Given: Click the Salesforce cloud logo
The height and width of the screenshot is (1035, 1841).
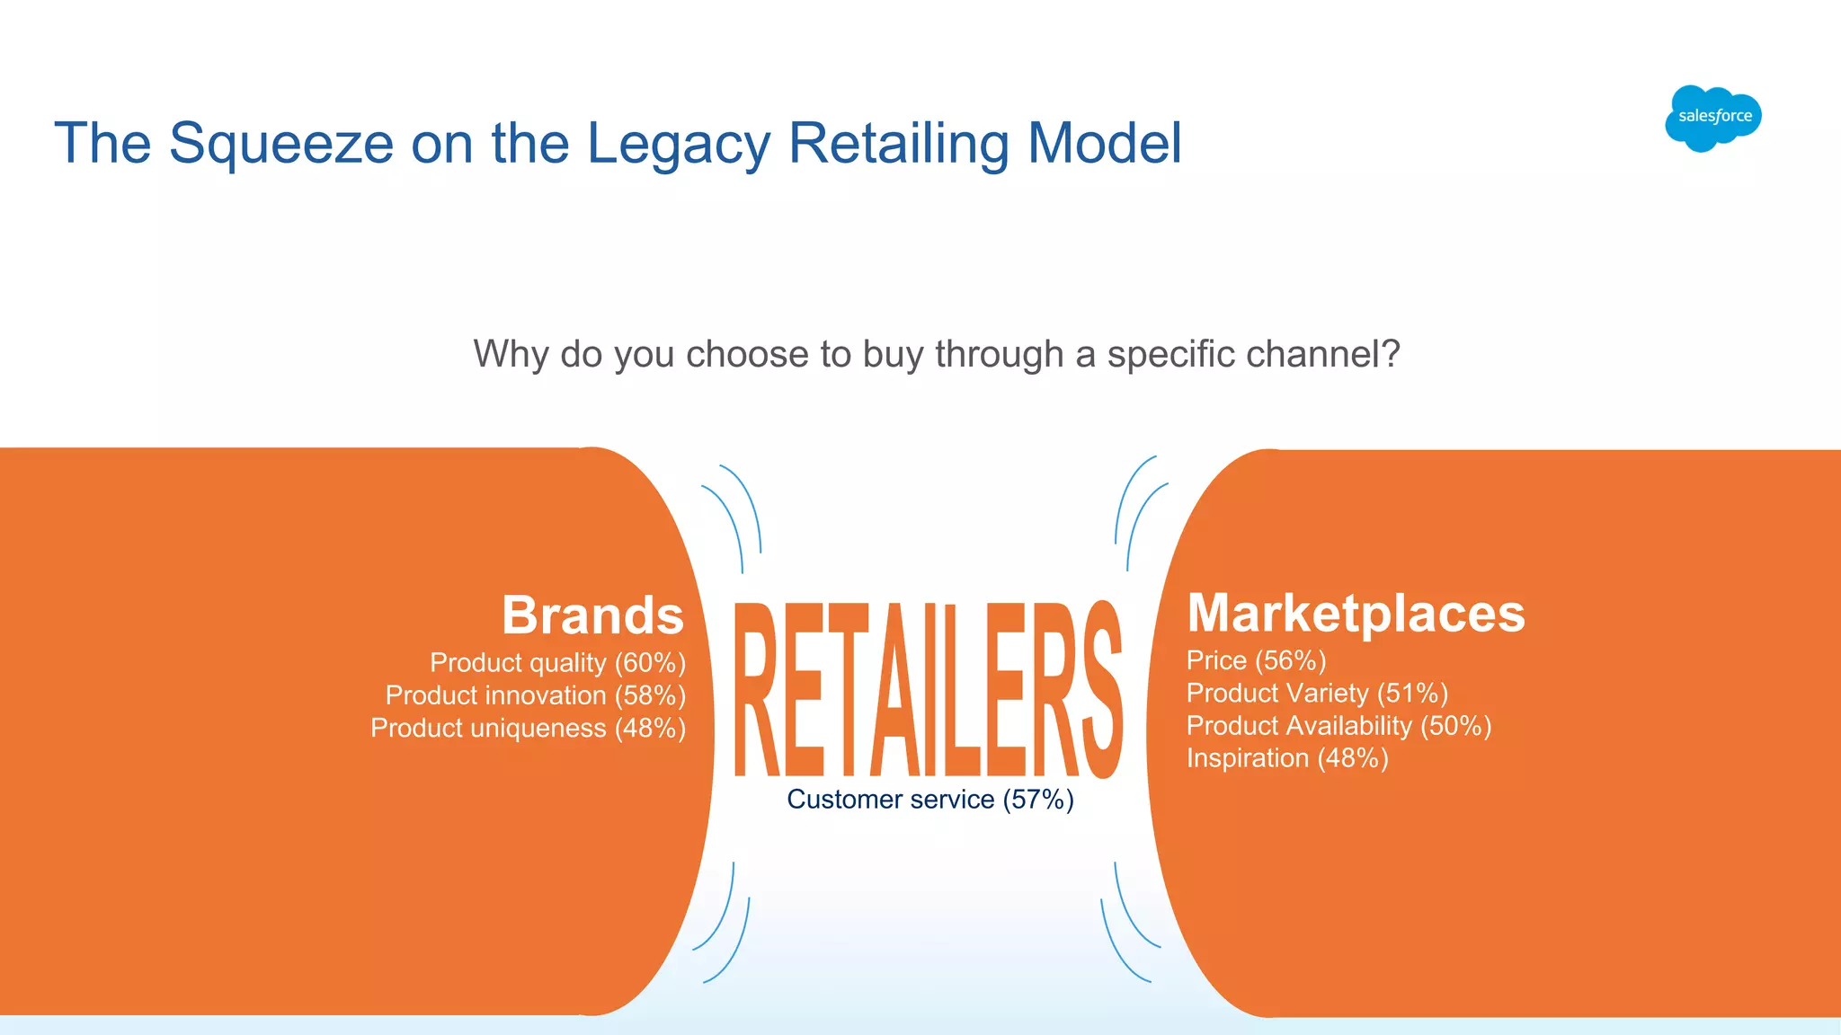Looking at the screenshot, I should [1712, 118].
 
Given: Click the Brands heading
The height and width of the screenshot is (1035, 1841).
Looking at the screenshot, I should [592, 615].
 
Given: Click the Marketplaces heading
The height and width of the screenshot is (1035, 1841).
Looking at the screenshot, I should [1356, 613].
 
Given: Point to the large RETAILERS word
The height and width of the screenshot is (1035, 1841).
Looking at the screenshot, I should [928, 689].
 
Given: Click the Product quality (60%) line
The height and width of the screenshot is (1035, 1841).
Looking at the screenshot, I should [557, 663].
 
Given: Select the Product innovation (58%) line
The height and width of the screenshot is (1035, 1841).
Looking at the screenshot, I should [536, 695].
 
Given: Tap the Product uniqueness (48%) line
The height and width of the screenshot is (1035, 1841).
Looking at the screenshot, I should [529, 728].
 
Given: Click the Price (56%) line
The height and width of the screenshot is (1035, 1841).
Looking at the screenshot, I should [1256, 660].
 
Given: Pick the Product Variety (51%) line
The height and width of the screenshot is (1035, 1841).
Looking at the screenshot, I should [1317, 693].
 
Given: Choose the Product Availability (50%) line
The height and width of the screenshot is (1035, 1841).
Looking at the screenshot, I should [1339, 725].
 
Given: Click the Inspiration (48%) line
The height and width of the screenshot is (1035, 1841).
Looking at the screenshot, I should [1287, 758].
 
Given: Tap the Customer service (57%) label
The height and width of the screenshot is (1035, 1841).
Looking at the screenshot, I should [930, 800].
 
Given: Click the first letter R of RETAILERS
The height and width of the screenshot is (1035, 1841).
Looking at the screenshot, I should [757, 689].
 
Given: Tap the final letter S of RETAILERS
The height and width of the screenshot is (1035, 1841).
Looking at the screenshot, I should [1100, 689].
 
